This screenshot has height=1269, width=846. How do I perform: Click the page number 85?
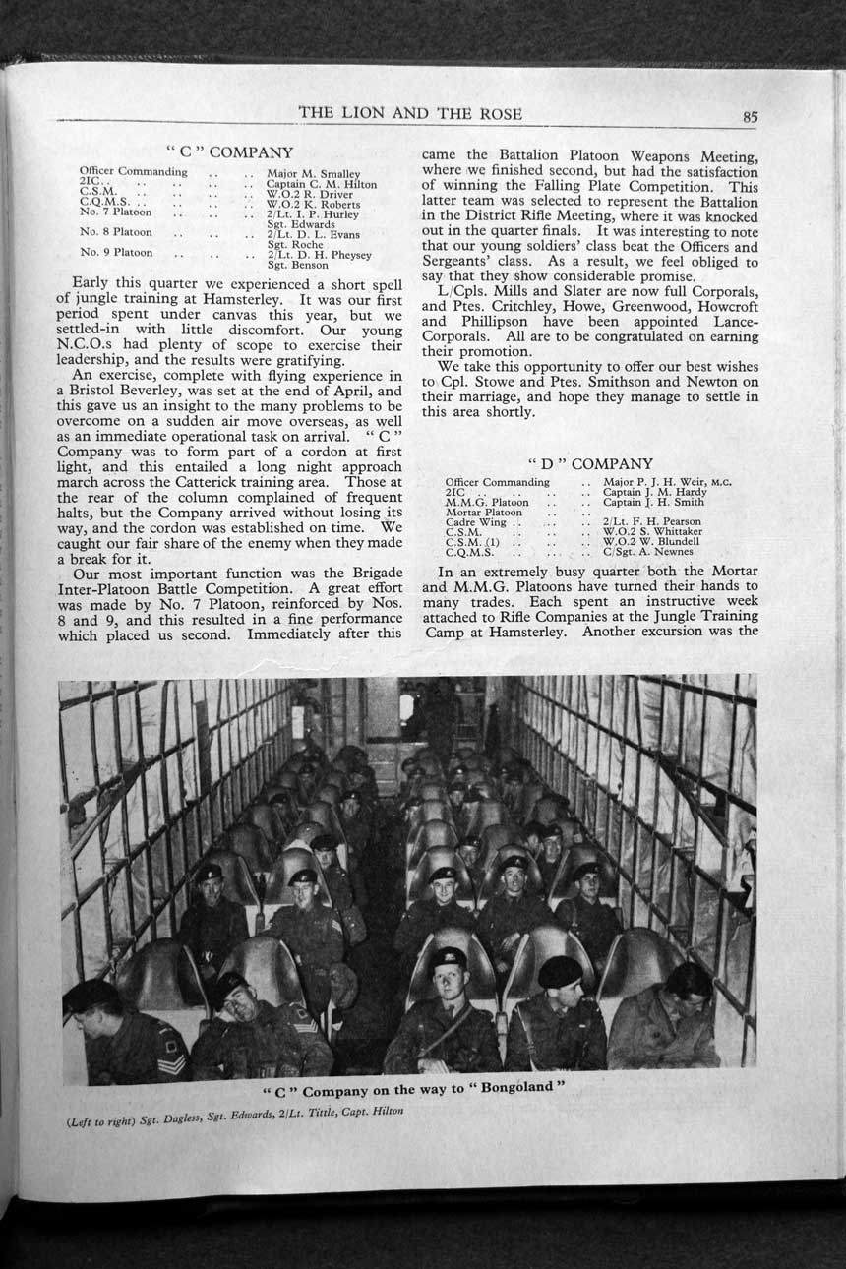click(750, 117)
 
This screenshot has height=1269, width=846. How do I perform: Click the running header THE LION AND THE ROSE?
click(410, 113)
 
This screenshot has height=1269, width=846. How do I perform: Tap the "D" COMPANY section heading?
click(590, 463)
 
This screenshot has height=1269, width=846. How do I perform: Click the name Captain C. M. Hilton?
click(322, 183)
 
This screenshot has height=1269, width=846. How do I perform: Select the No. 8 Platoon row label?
click(116, 233)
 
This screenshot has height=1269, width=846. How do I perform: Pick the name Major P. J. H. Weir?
click(651, 482)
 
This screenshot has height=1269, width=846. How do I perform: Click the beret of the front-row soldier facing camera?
click(450, 957)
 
